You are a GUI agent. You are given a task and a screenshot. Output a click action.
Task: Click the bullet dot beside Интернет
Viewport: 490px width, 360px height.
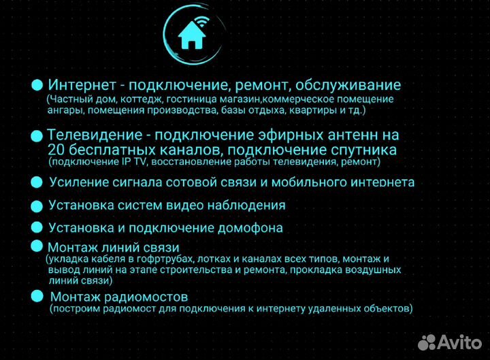(37, 86)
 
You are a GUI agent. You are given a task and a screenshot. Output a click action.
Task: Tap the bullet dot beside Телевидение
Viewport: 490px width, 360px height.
(37, 136)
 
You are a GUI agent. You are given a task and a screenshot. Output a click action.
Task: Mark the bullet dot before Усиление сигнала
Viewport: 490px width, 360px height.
(37, 182)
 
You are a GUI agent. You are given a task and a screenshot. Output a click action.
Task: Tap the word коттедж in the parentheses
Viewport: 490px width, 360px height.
(131, 99)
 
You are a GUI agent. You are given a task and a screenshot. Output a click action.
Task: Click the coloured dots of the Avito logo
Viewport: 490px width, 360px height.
(427, 341)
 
